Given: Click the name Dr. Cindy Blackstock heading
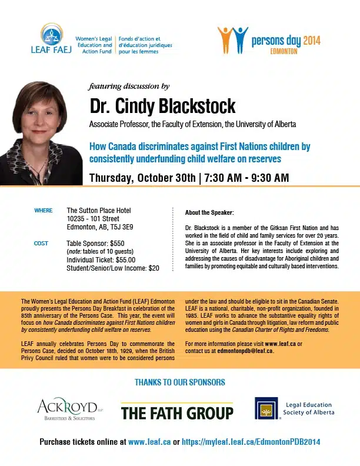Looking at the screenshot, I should click(162, 106).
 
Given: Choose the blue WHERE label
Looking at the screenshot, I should click(44, 211).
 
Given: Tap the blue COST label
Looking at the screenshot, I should click(41, 243).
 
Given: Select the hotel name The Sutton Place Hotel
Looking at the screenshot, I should click(99, 211).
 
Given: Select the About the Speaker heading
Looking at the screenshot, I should click(209, 212).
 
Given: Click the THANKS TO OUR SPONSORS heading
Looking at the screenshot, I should click(179, 382).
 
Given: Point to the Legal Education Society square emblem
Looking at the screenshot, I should click(266, 409).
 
